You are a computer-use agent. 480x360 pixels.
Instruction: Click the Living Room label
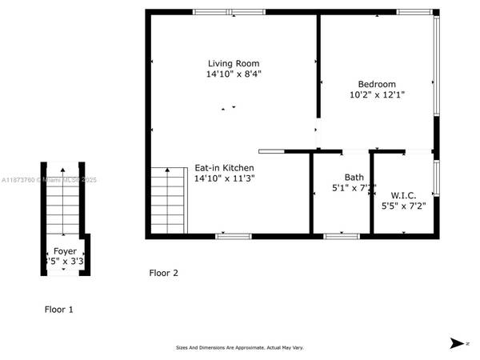tap(234, 63)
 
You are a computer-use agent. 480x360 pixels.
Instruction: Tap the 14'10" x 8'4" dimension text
tap(234, 74)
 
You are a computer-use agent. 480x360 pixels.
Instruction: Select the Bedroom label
tap(376, 84)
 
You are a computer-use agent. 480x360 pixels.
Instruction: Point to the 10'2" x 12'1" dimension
tap(377, 94)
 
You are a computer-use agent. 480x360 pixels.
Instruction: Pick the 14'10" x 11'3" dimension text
tap(224, 178)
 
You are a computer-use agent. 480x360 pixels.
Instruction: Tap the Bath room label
tap(354, 178)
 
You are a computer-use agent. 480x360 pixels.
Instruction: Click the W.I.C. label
tap(402, 195)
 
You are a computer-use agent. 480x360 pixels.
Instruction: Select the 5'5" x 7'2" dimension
tap(403, 206)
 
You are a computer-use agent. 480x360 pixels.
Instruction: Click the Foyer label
tap(66, 250)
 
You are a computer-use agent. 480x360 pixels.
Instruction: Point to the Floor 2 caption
tap(163, 273)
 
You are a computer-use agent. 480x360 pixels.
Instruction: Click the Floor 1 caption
tap(58, 309)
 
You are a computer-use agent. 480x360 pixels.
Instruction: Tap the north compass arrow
tap(457, 343)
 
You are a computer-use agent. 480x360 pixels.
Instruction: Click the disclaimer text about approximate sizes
tap(240, 347)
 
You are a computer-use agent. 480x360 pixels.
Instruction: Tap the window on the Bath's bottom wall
tap(341, 236)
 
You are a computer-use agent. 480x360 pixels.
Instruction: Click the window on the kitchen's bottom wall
tap(234, 236)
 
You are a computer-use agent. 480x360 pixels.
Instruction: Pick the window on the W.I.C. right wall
tap(436, 178)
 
